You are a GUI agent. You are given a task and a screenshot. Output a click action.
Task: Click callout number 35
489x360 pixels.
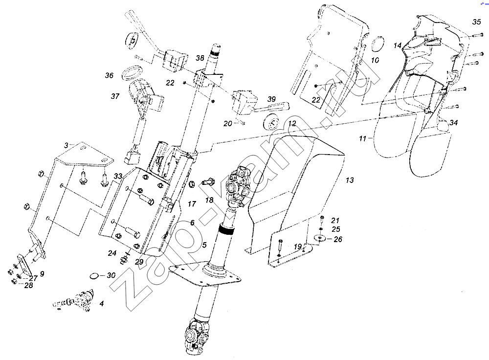pos(476,22)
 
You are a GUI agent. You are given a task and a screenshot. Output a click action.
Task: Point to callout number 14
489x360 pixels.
pos(397,45)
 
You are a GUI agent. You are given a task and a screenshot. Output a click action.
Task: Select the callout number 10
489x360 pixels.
pos(375,60)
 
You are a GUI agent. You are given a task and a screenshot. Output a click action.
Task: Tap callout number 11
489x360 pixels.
pos(362,138)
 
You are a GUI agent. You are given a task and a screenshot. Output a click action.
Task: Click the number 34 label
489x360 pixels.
pos(453,123)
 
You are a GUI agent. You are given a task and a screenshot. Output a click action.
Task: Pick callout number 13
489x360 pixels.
pos(350,180)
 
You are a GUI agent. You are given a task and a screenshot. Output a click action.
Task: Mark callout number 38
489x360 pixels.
pos(200,58)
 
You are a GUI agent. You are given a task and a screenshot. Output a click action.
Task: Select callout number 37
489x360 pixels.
pos(115,96)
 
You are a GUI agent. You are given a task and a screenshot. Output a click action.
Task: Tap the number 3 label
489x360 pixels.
pos(66,145)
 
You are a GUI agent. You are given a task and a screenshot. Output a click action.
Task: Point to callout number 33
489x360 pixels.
pos(118,176)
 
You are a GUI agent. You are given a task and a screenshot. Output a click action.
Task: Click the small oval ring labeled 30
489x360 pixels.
pos(94,276)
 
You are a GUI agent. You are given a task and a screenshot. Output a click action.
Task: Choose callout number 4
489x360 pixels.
pos(102,303)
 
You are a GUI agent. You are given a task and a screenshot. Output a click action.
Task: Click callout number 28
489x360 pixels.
pos(28,285)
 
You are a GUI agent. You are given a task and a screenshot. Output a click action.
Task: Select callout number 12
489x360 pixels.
pos(292,124)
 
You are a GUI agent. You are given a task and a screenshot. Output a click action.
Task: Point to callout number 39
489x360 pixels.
pos(271,99)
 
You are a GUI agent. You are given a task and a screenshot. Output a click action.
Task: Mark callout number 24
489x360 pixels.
pos(112,253)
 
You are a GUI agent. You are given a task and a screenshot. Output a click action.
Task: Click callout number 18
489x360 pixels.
pos(209,200)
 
